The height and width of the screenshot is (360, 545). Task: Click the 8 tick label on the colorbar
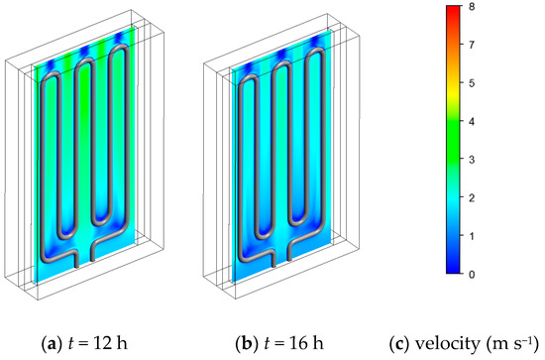click(472, 7)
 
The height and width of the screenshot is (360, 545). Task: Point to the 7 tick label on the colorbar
click(472, 45)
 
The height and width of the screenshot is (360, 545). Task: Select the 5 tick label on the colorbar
click(472, 83)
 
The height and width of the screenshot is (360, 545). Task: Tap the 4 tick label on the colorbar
click(472, 122)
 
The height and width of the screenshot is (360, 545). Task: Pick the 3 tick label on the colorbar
click(472, 160)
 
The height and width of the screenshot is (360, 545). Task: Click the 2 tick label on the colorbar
click(472, 198)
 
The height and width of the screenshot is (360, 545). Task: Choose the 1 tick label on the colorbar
click(472, 236)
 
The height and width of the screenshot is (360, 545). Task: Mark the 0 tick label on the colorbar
click(472, 275)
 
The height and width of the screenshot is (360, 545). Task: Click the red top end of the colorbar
click(453, 8)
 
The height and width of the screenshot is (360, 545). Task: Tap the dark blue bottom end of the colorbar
click(453, 271)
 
